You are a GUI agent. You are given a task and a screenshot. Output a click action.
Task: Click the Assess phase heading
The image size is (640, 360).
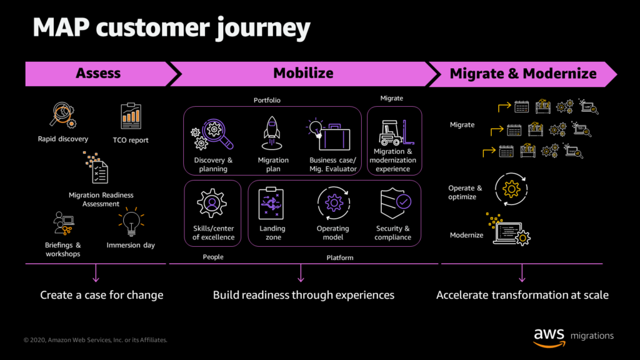(x=98, y=74)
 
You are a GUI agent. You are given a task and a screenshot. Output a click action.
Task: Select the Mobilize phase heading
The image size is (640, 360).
(x=303, y=74)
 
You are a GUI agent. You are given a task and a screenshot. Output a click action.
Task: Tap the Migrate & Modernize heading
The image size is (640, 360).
(x=523, y=74)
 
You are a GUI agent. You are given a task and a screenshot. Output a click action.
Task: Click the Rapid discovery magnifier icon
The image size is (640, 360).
(x=63, y=115)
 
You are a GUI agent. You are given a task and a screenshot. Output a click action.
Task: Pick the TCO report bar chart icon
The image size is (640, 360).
(x=131, y=116)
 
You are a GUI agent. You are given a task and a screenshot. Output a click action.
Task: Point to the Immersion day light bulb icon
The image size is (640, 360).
(x=131, y=222)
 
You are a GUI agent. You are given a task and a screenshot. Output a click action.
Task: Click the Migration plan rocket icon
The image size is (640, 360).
(x=272, y=133)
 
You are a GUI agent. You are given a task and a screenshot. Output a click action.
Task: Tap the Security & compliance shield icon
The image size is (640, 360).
(x=395, y=203)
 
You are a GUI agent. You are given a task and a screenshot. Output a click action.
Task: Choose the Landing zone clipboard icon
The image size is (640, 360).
(x=271, y=203)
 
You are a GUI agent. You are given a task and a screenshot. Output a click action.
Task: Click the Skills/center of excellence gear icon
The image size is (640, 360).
(x=212, y=203)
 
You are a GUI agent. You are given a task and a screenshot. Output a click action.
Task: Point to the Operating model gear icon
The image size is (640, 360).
(x=334, y=203)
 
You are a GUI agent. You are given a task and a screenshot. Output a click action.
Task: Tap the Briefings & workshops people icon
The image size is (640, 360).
(x=63, y=223)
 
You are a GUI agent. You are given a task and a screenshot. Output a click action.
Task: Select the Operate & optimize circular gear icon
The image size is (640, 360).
(x=511, y=189)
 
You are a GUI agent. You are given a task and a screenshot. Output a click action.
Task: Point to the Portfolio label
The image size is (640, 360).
(x=267, y=100)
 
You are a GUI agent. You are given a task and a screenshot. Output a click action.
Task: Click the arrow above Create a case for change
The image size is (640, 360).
(x=96, y=273)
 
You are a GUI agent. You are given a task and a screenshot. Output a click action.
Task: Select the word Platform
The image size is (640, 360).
(x=340, y=257)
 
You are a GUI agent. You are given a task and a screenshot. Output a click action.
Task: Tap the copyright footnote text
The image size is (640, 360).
(x=96, y=340)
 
